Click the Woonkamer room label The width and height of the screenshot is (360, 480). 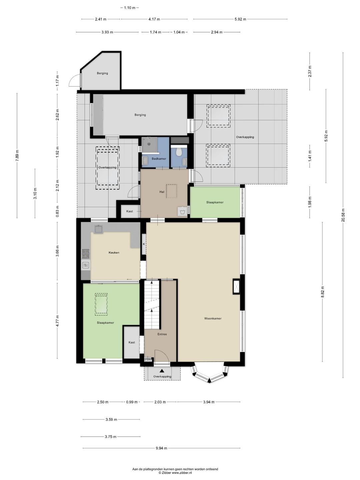[213, 319]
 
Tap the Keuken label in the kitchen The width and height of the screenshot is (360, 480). [114, 253]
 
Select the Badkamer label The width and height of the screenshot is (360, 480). [159, 159]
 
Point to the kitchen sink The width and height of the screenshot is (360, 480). [99, 229]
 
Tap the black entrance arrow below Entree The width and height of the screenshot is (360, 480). [162, 370]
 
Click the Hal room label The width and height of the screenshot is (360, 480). [162, 192]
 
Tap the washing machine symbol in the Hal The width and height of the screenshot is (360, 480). [182, 212]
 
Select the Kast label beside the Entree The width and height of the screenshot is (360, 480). [132, 342]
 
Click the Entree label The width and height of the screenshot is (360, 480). [162, 334]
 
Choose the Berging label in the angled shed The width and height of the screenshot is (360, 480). [102, 73]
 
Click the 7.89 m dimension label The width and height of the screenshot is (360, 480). [17, 155]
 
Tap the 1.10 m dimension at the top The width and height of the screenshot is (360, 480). [129, 8]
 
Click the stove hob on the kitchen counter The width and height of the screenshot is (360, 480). [86, 254]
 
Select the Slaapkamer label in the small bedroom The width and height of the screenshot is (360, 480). [215, 202]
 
